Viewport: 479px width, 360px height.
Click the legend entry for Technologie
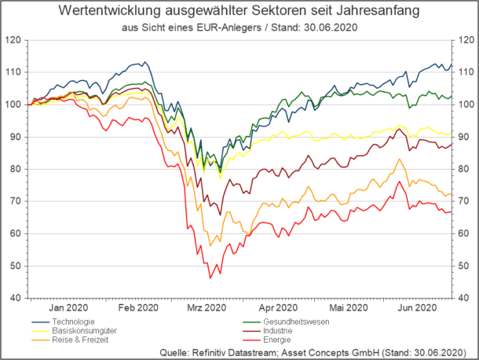coord(75,321)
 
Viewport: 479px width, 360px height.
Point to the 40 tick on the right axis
coord(464,299)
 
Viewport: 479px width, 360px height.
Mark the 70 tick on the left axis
coord(15,201)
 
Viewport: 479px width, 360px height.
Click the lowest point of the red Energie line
coord(210,278)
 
